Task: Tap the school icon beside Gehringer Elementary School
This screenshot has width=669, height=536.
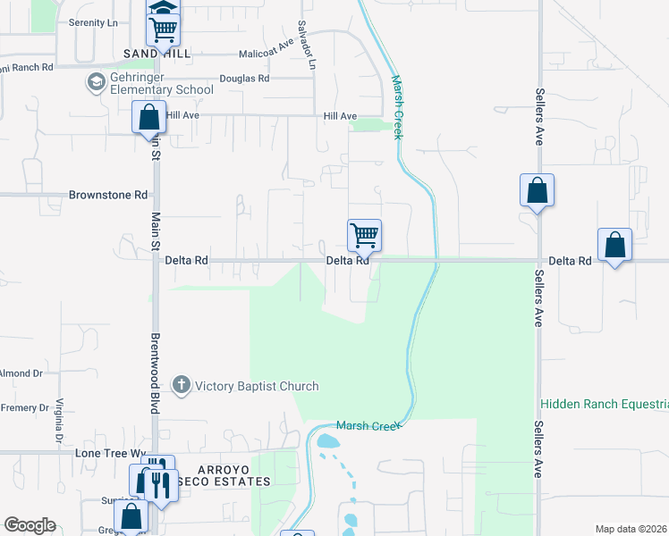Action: (95, 83)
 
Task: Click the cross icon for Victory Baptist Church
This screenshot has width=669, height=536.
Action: (181, 385)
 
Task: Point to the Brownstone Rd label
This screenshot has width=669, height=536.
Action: (108, 195)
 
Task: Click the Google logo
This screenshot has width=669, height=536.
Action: (30, 525)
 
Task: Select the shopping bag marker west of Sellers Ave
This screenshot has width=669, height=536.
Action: (537, 191)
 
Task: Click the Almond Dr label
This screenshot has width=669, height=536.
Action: (15, 373)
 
